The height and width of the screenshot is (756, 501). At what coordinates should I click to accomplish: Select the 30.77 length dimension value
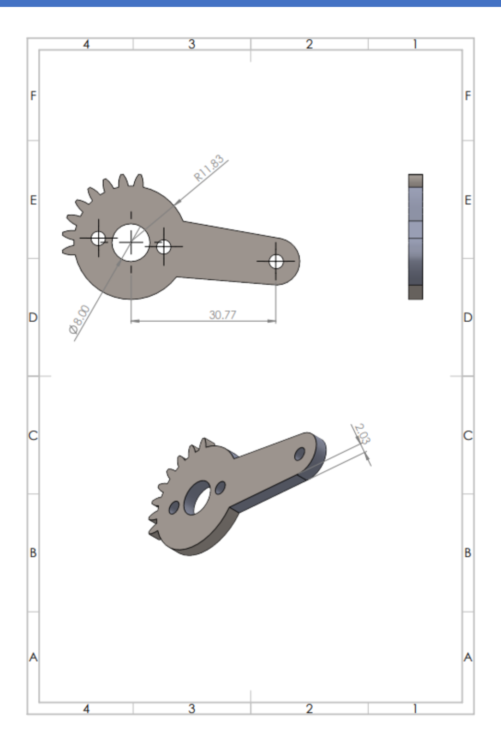222,315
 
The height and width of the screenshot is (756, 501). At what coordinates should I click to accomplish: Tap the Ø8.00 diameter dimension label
79,319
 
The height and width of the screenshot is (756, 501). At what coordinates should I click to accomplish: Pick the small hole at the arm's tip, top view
276,261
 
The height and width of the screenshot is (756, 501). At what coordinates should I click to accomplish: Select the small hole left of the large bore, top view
98,238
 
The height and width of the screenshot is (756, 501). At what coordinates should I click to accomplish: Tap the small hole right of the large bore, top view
164,246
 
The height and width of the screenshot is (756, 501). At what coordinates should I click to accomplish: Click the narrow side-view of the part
415,237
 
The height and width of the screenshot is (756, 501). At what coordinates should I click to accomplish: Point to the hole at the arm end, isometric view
300,454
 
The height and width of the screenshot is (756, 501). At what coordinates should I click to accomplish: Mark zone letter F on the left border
33,96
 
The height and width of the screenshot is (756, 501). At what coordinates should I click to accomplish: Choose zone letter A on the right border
468,657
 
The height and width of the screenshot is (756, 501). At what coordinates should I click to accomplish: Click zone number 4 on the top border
86,44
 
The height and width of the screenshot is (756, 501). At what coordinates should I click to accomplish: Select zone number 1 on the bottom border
415,708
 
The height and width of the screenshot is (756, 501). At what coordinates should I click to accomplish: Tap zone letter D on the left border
33,318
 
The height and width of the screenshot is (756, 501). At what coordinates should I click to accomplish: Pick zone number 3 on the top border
192,44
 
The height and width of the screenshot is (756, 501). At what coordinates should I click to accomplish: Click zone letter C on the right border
468,435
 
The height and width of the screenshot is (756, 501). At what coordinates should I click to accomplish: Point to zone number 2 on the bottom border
309,708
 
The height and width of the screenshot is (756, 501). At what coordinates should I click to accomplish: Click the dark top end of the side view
415,180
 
